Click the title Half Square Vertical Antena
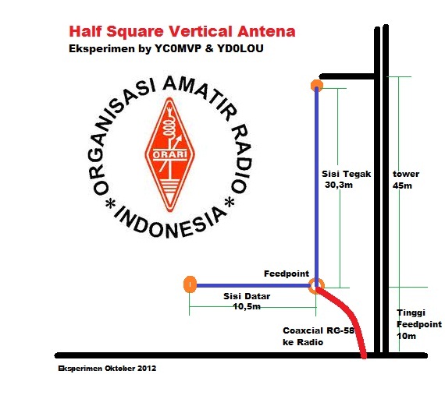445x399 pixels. click(x=182, y=32)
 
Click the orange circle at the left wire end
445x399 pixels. click(x=189, y=285)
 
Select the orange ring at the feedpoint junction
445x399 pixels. click(x=315, y=285)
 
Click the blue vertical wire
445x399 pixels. click(x=315, y=187)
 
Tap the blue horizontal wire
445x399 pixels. click(x=250, y=286)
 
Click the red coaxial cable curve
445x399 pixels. click(x=351, y=320)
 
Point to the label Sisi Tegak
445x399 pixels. click(x=346, y=174)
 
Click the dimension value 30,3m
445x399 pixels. click(x=340, y=185)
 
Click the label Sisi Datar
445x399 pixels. click(x=241, y=297)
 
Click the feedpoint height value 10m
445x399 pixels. click(x=405, y=336)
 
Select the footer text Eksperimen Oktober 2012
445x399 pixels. click(x=107, y=366)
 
